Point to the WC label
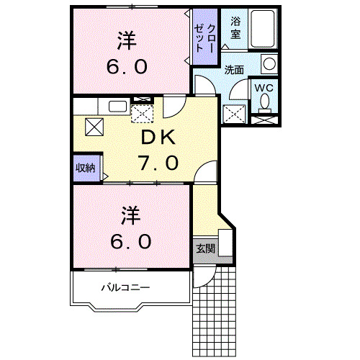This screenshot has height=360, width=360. pyautogui.click(x=263, y=88)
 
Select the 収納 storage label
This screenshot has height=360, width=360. pyautogui.click(x=86, y=168)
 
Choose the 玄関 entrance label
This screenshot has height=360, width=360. pyautogui.click(x=205, y=248)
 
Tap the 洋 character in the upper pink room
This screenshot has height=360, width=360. pyautogui.click(x=128, y=40)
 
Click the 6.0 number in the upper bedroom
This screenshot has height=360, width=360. pyautogui.click(x=128, y=67)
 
